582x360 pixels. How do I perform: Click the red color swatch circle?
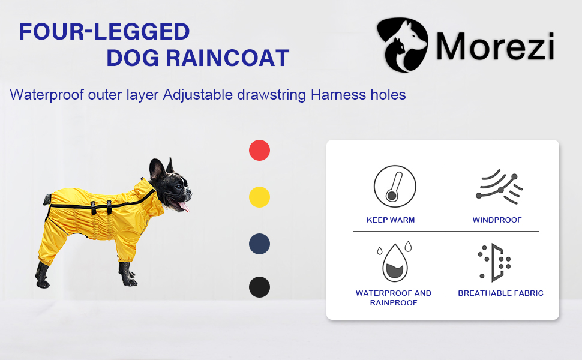[x=259, y=151]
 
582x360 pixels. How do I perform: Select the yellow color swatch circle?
[x=259, y=197]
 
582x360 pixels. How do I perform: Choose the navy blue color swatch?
[x=259, y=244]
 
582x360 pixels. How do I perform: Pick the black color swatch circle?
[x=259, y=287]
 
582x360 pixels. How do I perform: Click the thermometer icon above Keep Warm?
[x=395, y=186]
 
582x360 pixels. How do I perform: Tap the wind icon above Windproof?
[x=499, y=187]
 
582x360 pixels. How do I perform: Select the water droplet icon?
[x=395, y=262]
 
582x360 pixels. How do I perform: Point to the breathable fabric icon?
[x=494, y=262]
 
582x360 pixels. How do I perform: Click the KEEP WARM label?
[x=391, y=220]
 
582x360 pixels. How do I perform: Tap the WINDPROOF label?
[x=497, y=220]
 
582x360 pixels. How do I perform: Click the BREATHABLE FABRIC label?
[x=501, y=293]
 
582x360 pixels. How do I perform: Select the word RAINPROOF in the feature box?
[x=394, y=303]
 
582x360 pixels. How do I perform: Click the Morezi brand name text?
[x=495, y=46]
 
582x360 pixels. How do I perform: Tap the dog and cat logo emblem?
[x=403, y=44]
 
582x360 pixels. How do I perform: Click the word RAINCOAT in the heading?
[x=227, y=58]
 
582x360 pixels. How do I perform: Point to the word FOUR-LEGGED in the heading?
[x=104, y=32]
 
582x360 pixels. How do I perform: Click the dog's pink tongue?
[x=184, y=206]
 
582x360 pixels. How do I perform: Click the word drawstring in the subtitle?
[x=271, y=95]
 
